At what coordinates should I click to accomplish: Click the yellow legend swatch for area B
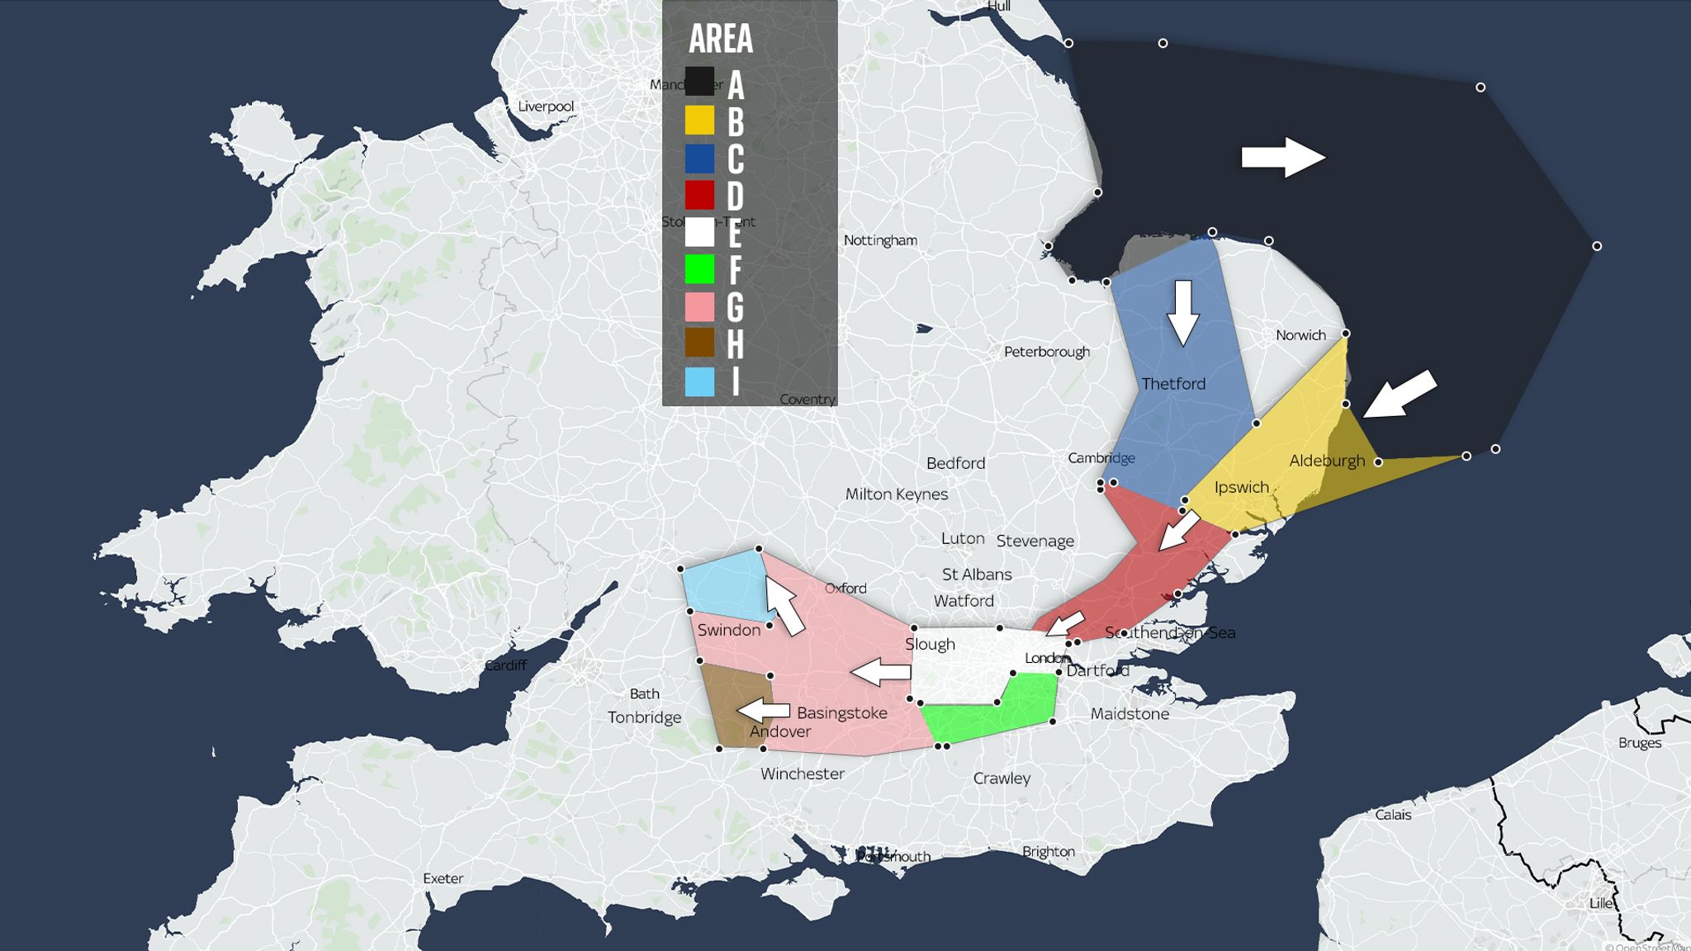pyautogui.click(x=699, y=121)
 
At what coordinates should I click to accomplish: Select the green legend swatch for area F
pyautogui.click(x=699, y=269)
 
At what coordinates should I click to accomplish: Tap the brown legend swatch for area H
pyautogui.click(x=699, y=343)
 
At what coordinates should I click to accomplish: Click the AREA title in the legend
pyautogui.click(x=721, y=39)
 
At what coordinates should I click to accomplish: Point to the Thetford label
pyautogui.click(x=1173, y=384)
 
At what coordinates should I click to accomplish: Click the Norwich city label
pyautogui.click(x=1300, y=335)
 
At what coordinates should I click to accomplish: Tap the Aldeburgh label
pyautogui.click(x=1327, y=461)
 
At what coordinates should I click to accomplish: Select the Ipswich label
pyautogui.click(x=1241, y=487)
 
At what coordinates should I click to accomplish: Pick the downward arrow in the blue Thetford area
pyautogui.click(x=1183, y=312)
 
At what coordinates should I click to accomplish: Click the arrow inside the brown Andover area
pyautogui.click(x=763, y=710)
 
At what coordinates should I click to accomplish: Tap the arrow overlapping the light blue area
pyautogui.click(x=784, y=604)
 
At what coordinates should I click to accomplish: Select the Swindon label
pyautogui.click(x=728, y=630)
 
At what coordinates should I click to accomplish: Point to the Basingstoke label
pyautogui.click(x=841, y=712)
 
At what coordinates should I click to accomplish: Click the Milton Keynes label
pyautogui.click(x=896, y=494)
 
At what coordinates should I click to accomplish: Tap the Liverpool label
pyautogui.click(x=545, y=106)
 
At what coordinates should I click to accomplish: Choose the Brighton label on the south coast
pyautogui.click(x=1048, y=851)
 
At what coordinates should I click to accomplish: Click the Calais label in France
pyautogui.click(x=1393, y=815)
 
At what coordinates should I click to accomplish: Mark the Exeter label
pyautogui.click(x=443, y=878)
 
